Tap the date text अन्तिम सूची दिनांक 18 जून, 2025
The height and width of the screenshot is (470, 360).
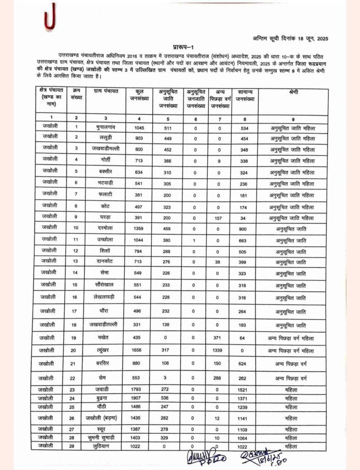pyautogui.click(x=290, y=39)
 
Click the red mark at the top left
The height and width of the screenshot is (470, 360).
pyautogui.click(x=50, y=17)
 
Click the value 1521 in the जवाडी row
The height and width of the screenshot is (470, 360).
pyautogui.click(x=243, y=390)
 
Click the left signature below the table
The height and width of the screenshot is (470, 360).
pyautogui.click(x=205, y=457)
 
